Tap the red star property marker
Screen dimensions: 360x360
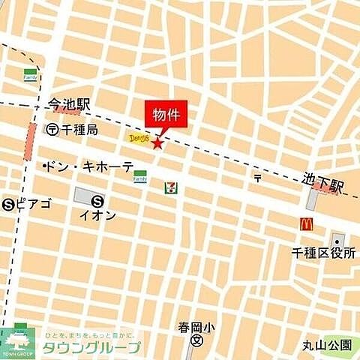click(x=157, y=142)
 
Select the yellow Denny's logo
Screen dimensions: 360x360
click(x=138, y=138)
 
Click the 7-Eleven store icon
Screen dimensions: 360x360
click(x=171, y=187)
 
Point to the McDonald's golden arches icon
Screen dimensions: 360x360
click(x=307, y=223)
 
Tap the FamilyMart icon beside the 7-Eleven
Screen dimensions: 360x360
click(x=139, y=176)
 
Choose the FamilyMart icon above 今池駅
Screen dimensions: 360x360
click(x=30, y=75)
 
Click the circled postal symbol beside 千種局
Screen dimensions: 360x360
click(x=52, y=130)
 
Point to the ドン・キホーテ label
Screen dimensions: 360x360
click(x=89, y=166)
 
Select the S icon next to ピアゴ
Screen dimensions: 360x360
click(x=8, y=203)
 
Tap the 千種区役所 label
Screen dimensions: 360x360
click(x=325, y=252)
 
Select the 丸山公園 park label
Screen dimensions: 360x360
click(x=327, y=345)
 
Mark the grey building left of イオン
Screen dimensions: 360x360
click(x=84, y=196)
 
